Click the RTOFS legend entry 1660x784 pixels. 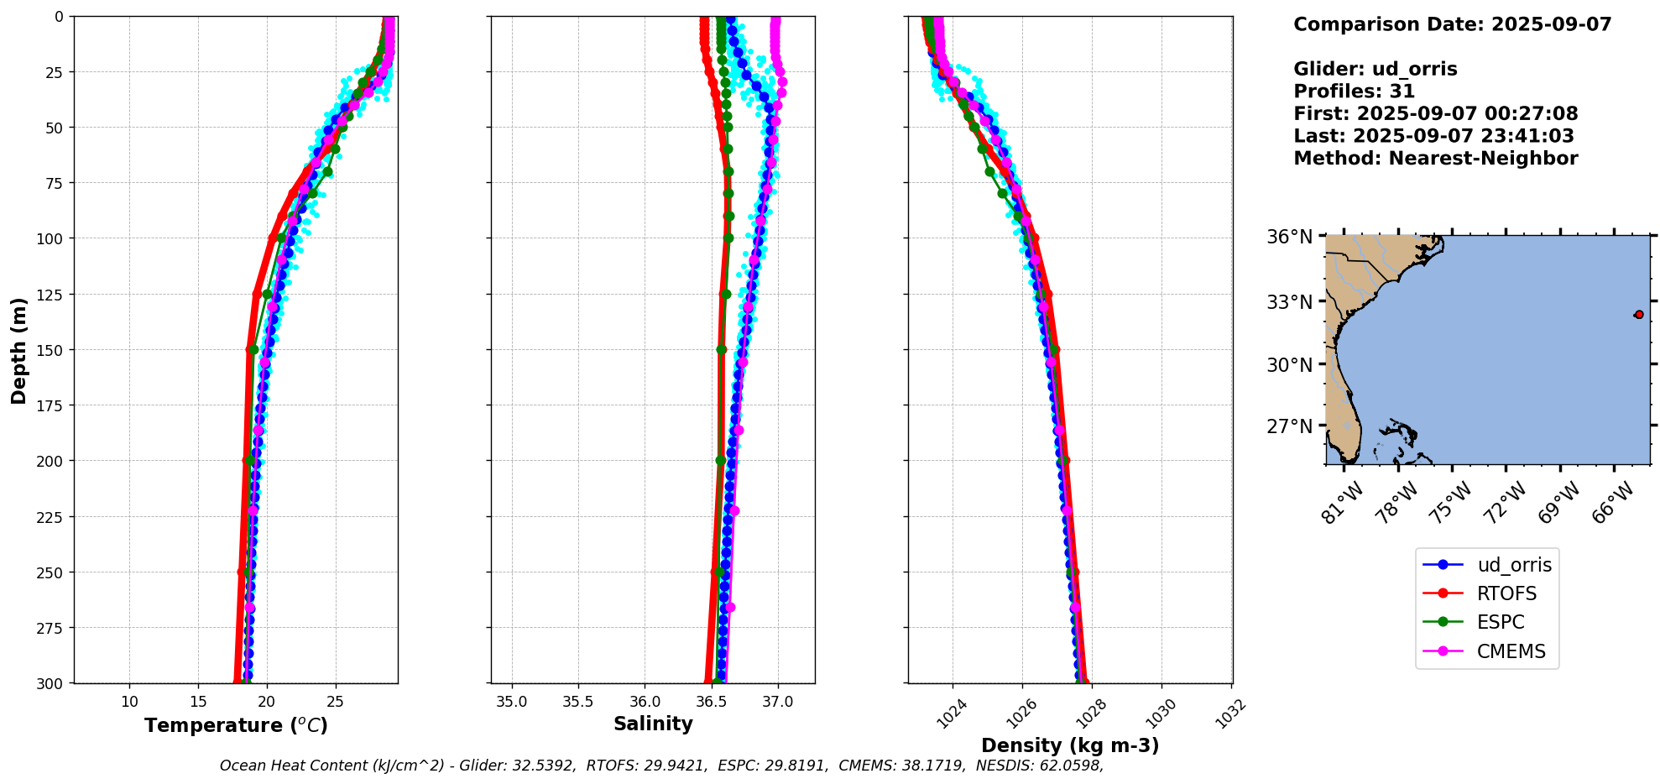tap(1506, 593)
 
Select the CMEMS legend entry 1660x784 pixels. tap(1510, 651)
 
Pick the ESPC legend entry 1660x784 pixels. tap(1500, 622)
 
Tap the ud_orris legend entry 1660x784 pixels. tap(1513, 565)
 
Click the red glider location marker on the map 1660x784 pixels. tap(1638, 315)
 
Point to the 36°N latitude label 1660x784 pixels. tap(1289, 237)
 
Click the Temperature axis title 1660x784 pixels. tap(236, 725)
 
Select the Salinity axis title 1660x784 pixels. tap(653, 724)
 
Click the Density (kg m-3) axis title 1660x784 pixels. tap(1070, 745)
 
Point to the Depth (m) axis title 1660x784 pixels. tap(18, 350)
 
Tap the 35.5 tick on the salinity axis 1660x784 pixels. tap(577, 702)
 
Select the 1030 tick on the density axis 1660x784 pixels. tap(1161, 713)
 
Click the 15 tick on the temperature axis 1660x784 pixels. tap(198, 702)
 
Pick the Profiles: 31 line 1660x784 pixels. tap(1354, 91)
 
